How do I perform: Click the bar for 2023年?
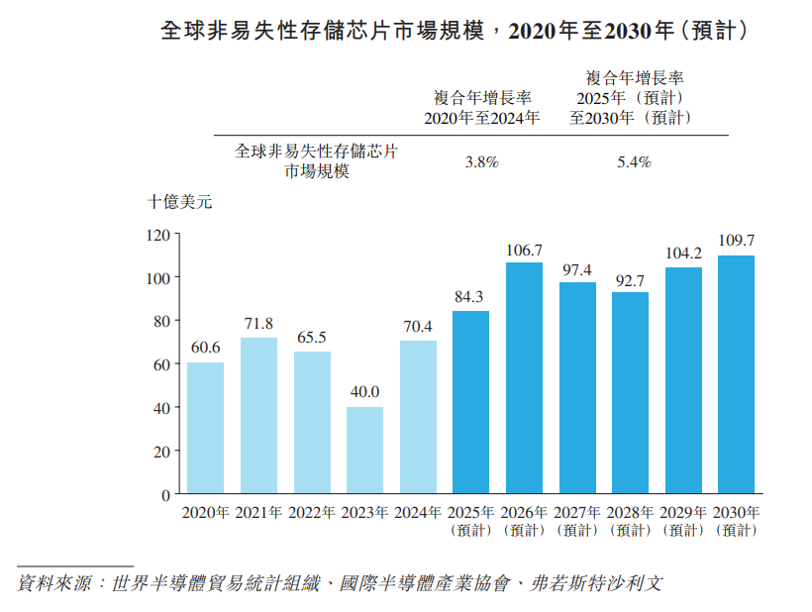pyautogui.click(x=364, y=450)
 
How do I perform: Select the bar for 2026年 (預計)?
pyautogui.click(x=524, y=377)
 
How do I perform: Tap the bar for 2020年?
pyautogui.click(x=205, y=428)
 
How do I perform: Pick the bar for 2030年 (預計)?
pyautogui.click(x=736, y=374)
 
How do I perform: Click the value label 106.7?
pyautogui.click(x=524, y=250)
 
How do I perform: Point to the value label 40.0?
pyautogui.click(x=364, y=392)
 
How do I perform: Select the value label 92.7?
pyautogui.click(x=630, y=279)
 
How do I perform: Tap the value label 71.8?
pyautogui.click(x=258, y=324)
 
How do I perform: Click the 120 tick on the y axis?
pyautogui.click(x=158, y=235)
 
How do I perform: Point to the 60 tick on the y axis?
pyautogui.click(x=162, y=364)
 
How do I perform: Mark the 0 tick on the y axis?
pyautogui.click(x=166, y=493)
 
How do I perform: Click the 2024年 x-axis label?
pyautogui.click(x=418, y=513)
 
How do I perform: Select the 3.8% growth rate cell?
pyautogui.click(x=481, y=162)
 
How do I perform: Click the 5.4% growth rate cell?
pyautogui.click(x=634, y=162)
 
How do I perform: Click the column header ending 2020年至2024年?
pyautogui.click(x=482, y=108)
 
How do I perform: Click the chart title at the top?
pyautogui.click(x=453, y=32)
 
